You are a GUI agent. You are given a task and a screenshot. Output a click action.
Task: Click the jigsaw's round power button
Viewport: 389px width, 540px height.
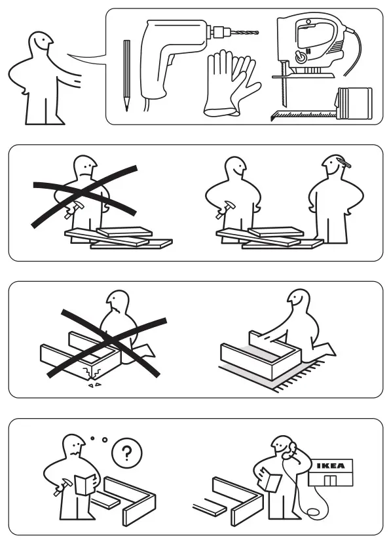coord(301,57)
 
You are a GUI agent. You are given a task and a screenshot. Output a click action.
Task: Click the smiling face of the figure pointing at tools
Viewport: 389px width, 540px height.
coord(42,46)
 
